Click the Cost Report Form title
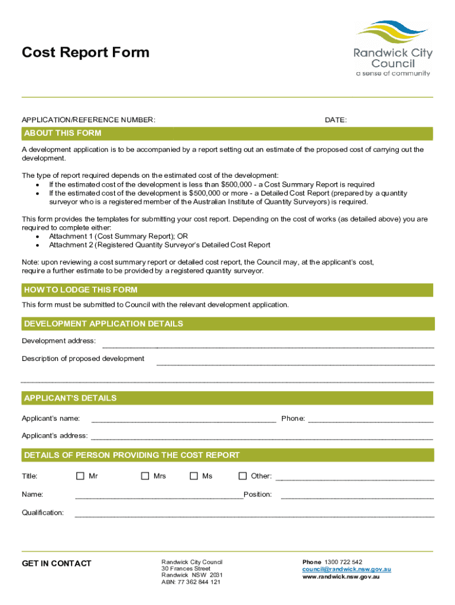pos(86,53)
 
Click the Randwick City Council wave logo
pos(392,33)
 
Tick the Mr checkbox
pos(80,476)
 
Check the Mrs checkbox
pos(145,476)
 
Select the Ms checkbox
pos(194,476)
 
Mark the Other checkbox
pos(242,476)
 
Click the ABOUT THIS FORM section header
pos(62,134)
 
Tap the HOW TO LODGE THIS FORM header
pos(80,290)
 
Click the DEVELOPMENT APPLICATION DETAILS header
pos(103,324)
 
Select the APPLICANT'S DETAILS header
pos(70,398)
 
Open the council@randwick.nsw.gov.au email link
pos(347,570)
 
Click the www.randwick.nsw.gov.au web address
pos(341,577)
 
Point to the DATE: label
pos(336,121)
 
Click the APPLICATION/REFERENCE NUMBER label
pos(89,121)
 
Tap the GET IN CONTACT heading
pos(57,564)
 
